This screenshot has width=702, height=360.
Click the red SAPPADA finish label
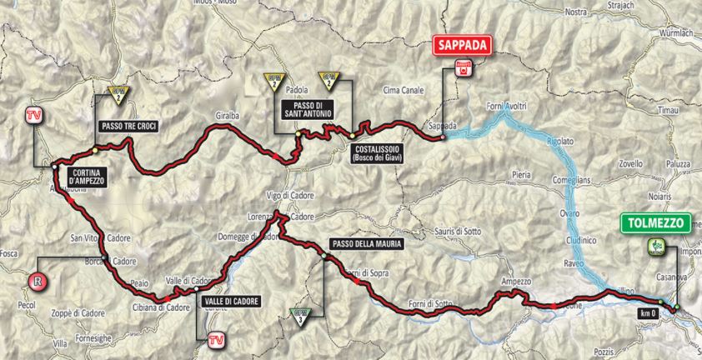(459, 47)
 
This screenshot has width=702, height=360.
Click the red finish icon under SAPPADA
(459, 70)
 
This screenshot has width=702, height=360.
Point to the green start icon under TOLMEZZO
(653, 246)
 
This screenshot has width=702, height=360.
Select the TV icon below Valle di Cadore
(215, 338)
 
